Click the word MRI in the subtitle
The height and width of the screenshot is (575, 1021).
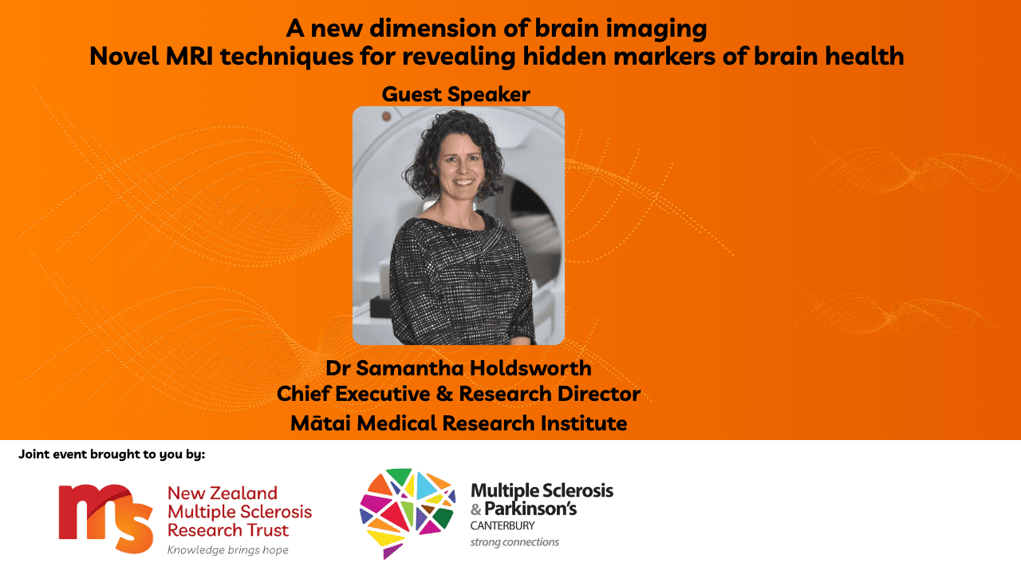coord(189,56)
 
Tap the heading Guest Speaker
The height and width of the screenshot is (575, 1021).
coord(455,94)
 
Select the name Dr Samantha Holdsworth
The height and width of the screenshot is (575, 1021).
coord(459,368)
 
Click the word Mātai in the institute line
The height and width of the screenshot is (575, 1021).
coord(321,422)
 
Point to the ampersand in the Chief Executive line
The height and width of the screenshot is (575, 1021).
coord(444,394)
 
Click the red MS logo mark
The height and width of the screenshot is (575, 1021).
coord(106,519)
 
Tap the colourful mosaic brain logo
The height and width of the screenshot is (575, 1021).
coord(408,513)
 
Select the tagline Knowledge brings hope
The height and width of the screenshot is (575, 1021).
coord(228,550)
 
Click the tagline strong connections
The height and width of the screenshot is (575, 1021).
coord(514,542)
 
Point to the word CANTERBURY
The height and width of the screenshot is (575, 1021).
coord(503,525)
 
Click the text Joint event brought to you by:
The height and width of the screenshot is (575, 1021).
coord(112,454)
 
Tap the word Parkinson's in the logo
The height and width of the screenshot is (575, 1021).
coord(530,509)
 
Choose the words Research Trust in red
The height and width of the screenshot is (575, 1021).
coord(228,530)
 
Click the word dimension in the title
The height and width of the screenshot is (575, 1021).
coord(432,28)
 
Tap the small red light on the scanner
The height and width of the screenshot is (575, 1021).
coord(387,117)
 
